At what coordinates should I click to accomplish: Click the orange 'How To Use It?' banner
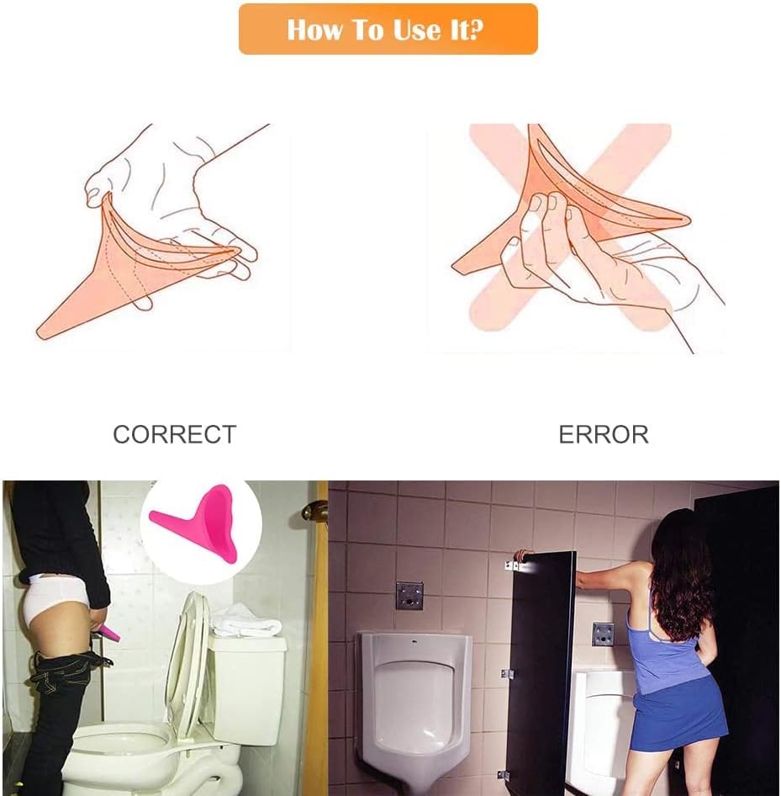tap(388, 29)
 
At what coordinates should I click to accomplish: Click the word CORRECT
tap(175, 434)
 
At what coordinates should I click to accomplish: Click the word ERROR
tap(604, 434)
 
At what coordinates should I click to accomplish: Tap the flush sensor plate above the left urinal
tap(409, 596)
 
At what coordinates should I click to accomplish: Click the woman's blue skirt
tap(677, 716)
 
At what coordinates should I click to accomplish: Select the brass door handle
tap(315, 509)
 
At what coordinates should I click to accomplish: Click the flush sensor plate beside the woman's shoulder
tap(603, 634)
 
